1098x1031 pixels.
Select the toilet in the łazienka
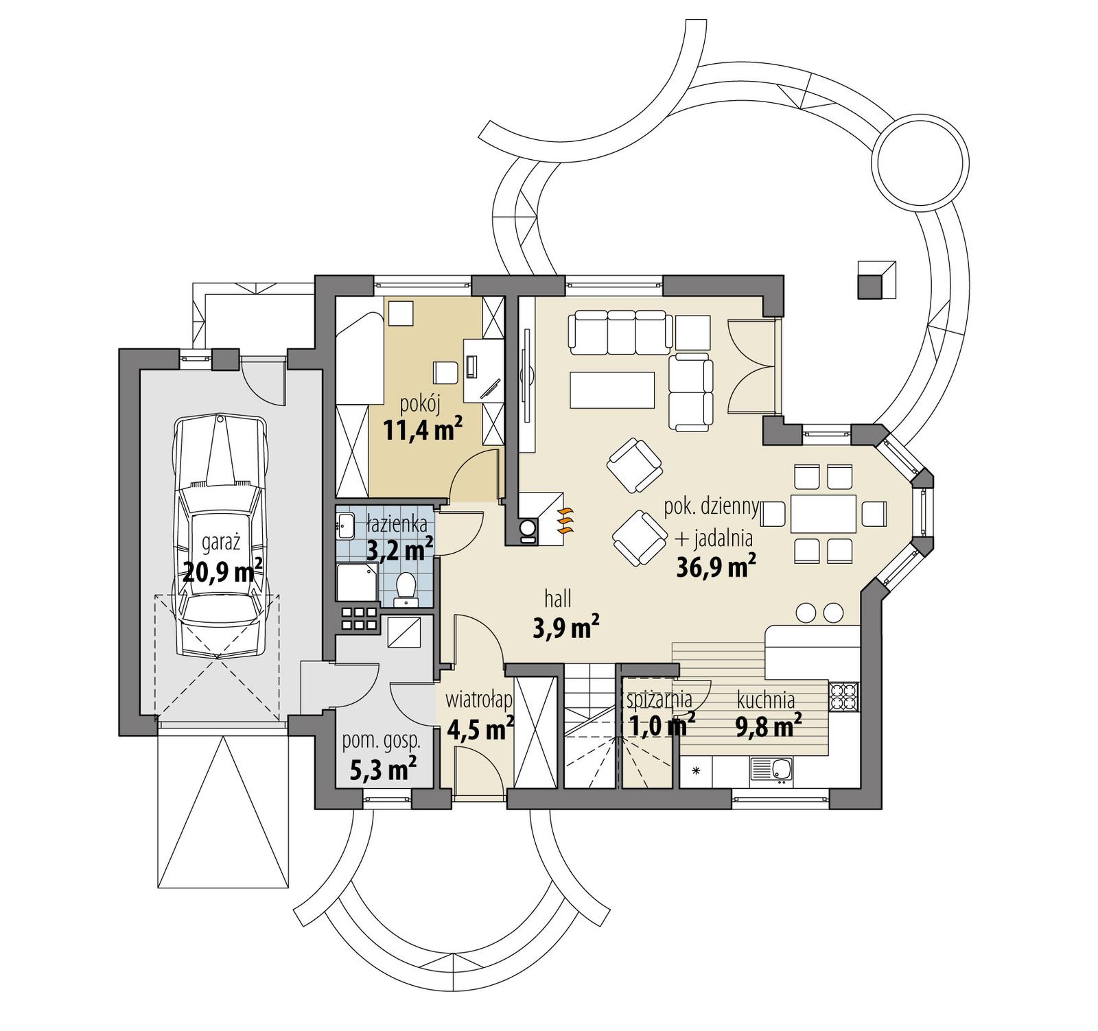pos(406,589)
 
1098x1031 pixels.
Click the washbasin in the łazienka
pos(345,526)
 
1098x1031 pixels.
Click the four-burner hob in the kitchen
pos(844,697)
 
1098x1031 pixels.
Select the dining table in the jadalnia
pos(823,513)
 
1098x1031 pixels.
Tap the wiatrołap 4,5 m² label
pos(480,717)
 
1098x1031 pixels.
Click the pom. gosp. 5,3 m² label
pos(382,757)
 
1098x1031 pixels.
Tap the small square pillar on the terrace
pos(876,281)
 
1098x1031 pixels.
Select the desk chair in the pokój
pos(445,372)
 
